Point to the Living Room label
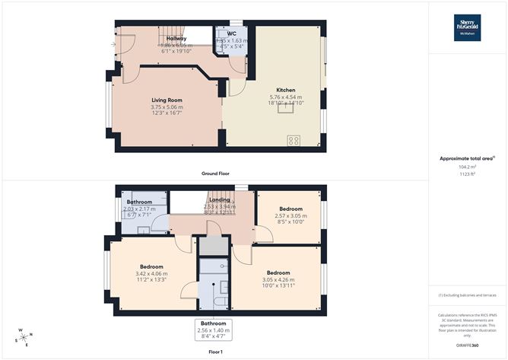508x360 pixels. [167, 100]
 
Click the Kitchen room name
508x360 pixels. [285, 90]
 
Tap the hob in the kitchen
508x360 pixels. [293, 140]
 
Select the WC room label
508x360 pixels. [231, 33]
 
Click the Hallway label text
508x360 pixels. [176, 38]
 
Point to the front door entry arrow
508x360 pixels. [114, 44]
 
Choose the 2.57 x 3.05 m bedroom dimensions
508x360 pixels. [290, 216]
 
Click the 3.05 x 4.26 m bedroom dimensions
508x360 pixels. [278, 280]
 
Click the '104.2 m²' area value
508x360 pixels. [467, 167]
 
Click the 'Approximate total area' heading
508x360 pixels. [466, 158]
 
